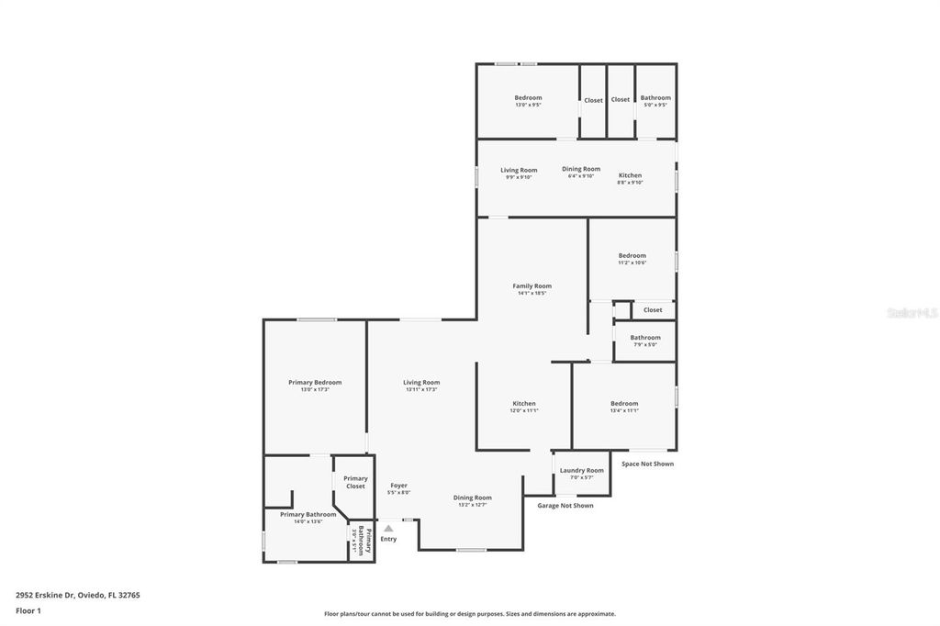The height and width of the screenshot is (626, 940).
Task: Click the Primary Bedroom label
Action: pyautogui.click(x=315, y=383)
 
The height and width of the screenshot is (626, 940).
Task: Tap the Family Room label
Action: pyautogui.click(x=532, y=286)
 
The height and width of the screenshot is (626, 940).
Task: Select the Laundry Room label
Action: pyautogui.click(x=582, y=471)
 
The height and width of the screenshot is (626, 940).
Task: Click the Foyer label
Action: pyautogui.click(x=398, y=486)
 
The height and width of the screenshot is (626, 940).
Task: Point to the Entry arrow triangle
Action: pyautogui.click(x=388, y=529)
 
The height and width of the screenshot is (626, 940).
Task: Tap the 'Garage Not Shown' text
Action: pyautogui.click(x=565, y=506)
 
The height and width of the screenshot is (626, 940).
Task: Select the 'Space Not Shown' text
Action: pyautogui.click(x=647, y=464)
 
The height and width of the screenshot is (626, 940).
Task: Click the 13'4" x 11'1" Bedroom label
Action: pyautogui.click(x=624, y=404)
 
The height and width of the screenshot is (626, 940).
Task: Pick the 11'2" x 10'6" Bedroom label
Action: pyautogui.click(x=632, y=256)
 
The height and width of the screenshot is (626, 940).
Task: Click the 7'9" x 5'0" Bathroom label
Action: pyautogui.click(x=645, y=338)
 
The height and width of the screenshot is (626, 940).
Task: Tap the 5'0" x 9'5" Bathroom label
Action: pyautogui.click(x=655, y=98)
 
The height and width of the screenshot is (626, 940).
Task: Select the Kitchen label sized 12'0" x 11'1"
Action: pyautogui.click(x=524, y=404)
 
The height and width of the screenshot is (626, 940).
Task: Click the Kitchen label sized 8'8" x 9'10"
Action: pyautogui.click(x=630, y=175)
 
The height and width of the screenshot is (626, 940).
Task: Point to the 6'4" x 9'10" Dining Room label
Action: pyautogui.click(x=581, y=169)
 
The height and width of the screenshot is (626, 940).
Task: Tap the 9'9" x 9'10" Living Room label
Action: pyautogui.click(x=519, y=170)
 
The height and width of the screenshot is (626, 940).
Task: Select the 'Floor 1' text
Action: pyautogui.click(x=28, y=610)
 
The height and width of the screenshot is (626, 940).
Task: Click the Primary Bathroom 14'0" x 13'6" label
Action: pyautogui.click(x=308, y=515)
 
